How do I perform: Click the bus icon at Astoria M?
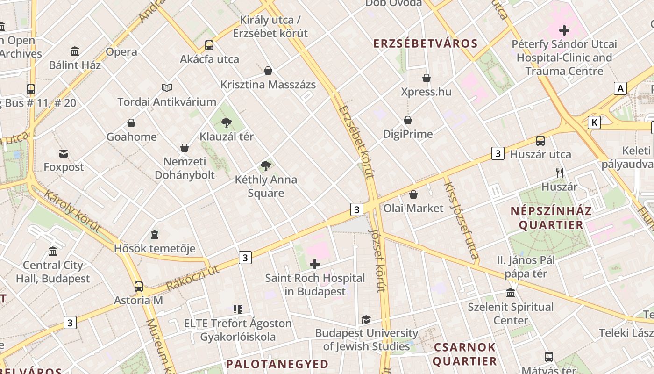coord(139,287)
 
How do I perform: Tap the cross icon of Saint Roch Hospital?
coord(315,265)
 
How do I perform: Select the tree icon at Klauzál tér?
coord(227,123)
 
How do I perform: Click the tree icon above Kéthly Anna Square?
coord(266,165)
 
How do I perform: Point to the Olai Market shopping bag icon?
coord(413,194)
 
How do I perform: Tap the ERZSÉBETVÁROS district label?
coord(426,44)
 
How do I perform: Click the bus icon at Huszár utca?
coord(540,140)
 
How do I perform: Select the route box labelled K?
coord(594,122)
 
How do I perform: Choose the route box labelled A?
coord(620,88)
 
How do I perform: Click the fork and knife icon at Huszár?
coord(560,173)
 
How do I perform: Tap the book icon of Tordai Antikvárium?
coord(167,88)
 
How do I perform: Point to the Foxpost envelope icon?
coord(64,153)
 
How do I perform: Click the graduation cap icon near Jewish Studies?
coord(366,320)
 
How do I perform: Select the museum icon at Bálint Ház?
coord(75,51)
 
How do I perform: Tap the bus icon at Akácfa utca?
coord(209,45)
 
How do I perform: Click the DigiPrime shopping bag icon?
coord(408,121)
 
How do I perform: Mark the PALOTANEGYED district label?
coord(277,364)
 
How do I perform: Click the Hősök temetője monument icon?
coord(155,235)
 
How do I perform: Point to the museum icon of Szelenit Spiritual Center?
coord(511,294)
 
